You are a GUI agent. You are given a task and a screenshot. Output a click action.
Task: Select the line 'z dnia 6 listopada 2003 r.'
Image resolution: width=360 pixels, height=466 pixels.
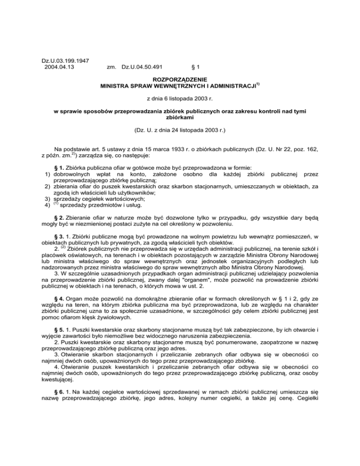pyautogui.click(x=180, y=100)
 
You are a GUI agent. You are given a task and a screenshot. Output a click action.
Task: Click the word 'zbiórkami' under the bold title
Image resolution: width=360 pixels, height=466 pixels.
pyautogui.click(x=180, y=120)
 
